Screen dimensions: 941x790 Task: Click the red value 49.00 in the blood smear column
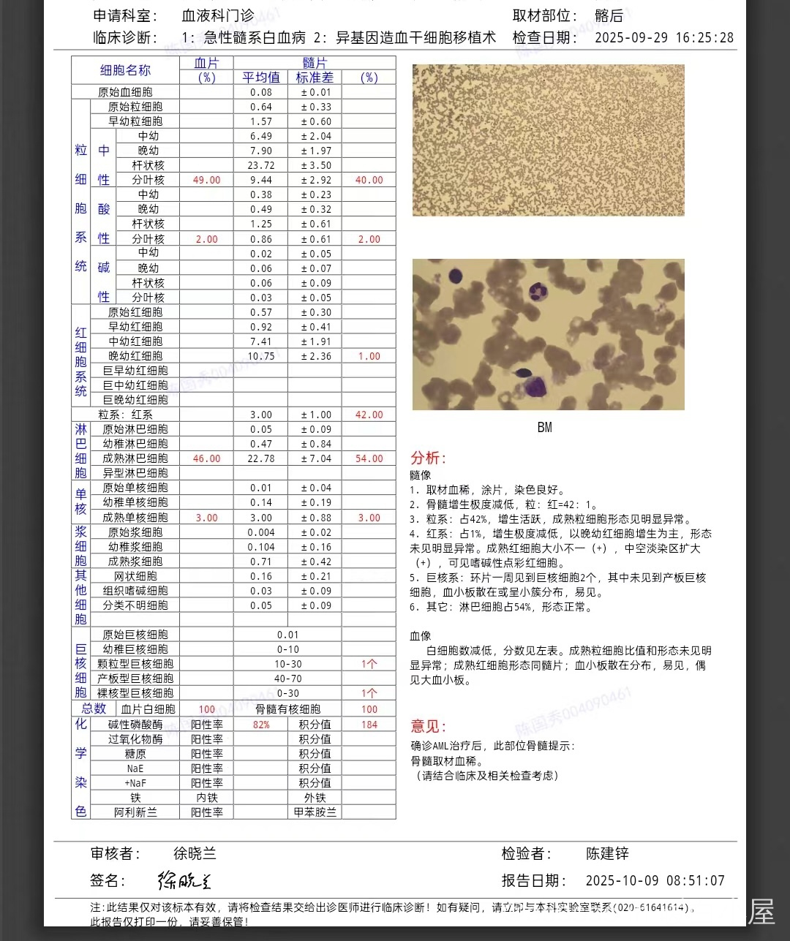coord(206,180)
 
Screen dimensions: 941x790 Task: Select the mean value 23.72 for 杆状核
coord(261,165)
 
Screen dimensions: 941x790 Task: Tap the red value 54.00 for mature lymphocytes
coord(369,458)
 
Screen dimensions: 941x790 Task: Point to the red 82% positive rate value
coord(261,725)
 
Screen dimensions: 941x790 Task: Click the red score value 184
coord(369,725)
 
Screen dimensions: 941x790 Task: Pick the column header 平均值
coord(261,78)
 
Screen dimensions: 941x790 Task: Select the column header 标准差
coord(315,78)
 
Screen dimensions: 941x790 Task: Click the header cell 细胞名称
coord(125,70)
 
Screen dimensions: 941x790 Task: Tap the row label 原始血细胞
coord(125,92)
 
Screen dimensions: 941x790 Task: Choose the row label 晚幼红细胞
coord(135,356)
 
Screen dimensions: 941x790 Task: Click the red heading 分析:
coord(428,458)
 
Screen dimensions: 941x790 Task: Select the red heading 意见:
coord(428,726)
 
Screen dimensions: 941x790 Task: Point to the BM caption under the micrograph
coord(544,427)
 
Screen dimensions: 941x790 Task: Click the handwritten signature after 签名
coord(184,880)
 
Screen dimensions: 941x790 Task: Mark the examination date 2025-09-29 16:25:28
coord(663,37)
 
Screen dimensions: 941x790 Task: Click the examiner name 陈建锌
coord(607,853)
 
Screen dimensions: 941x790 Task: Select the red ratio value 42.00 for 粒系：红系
coord(369,415)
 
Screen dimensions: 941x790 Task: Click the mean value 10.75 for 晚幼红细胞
coord(261,356)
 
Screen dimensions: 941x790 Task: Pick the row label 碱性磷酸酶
coord(135,725)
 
